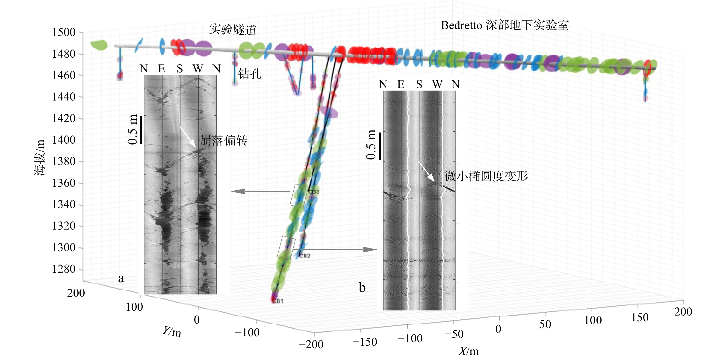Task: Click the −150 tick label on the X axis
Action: point(365,342)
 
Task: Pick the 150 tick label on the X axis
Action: point(640,317)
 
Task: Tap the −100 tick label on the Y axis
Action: point(247,333)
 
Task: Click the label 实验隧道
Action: point(233,30)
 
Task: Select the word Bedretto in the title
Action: point(461,25)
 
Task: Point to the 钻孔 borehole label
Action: point(250,74)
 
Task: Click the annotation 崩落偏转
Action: point(224,140)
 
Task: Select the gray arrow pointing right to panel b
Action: point(338,250)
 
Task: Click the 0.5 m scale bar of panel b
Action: point(380,146)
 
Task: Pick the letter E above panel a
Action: point(162,68)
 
